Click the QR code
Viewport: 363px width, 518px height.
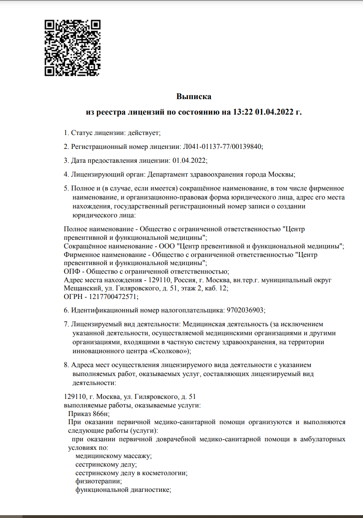pyautogui.click(x=73, y=48)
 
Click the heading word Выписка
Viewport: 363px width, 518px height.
pyautogui.click(x=194, y=97)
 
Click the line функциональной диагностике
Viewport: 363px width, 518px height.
pyautogui.click(x=122, y=490)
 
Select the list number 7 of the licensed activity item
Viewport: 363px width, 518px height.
pyautogui.click(x=66, y=324)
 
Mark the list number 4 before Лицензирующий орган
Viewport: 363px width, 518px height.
pyautogui.click(x=66, y=174)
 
